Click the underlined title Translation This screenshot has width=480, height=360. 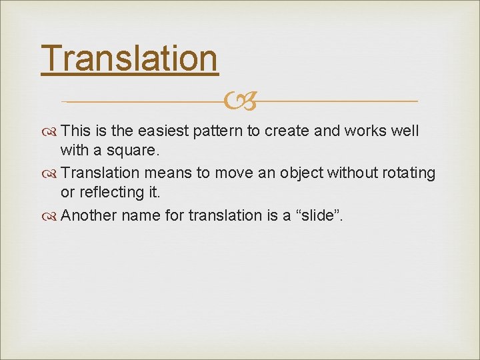click(129, 59)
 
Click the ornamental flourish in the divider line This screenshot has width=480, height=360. click(240, 101)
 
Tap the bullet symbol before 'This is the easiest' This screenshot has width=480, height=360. click(49, 132)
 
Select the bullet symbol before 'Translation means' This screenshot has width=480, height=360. click(49, 174)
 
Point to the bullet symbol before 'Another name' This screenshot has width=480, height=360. click(49, 217)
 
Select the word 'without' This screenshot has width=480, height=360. click(353, 173)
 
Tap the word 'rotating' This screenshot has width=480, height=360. click(409, 174)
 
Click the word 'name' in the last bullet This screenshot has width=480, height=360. click(141, 216)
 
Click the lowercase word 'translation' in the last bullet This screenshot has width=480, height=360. click(225, 215)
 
